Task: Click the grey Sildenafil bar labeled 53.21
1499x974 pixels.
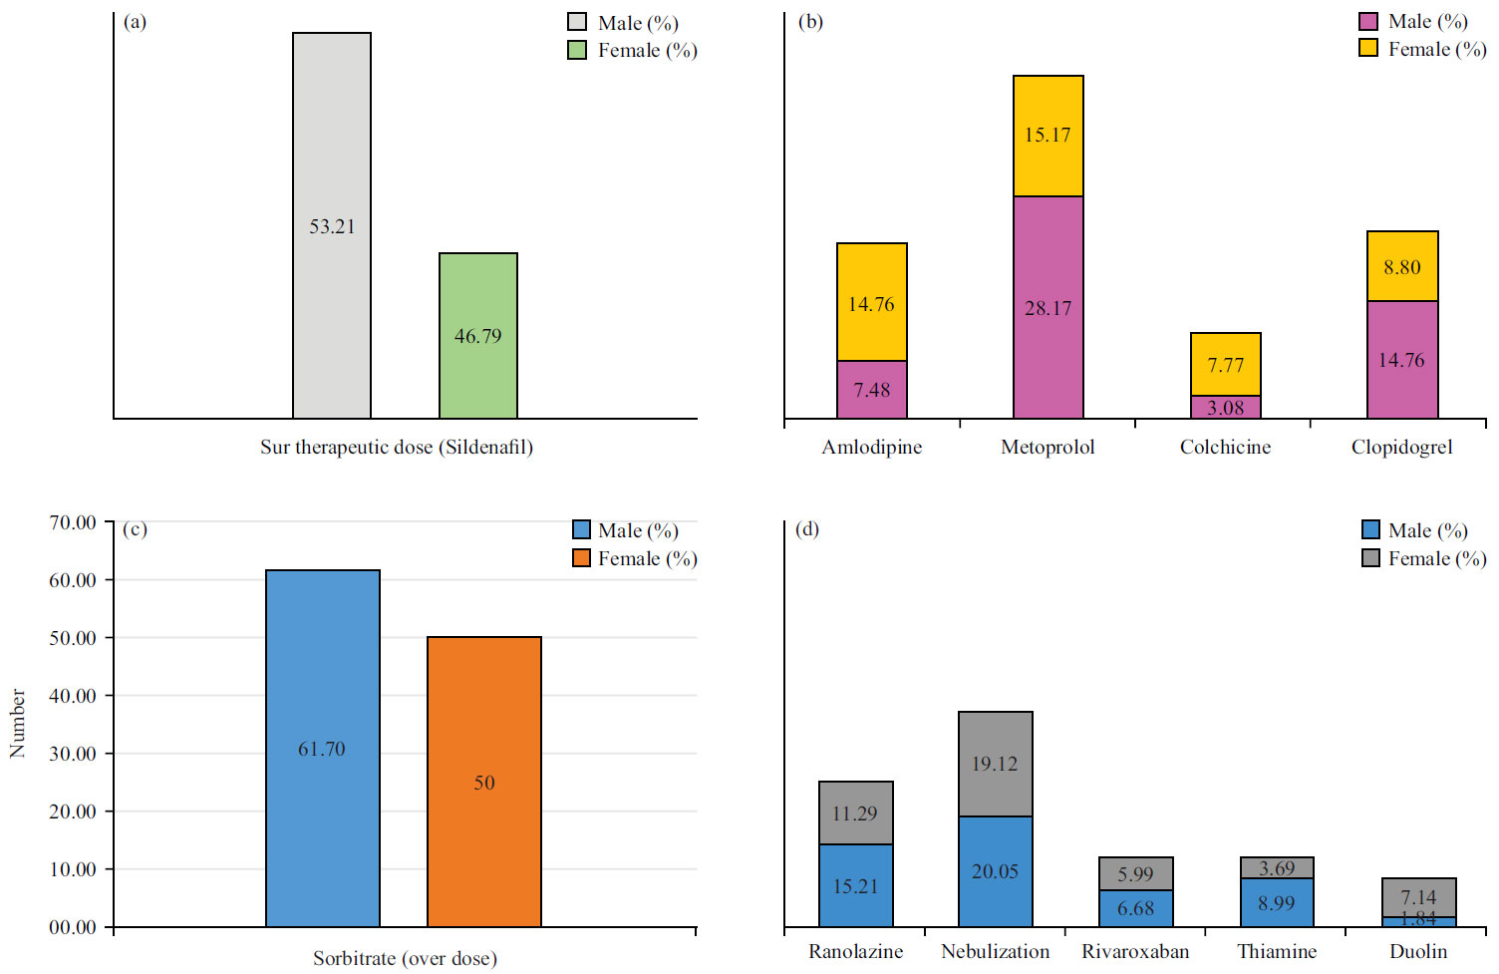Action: (331, 225)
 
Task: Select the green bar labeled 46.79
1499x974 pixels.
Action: (477, 335)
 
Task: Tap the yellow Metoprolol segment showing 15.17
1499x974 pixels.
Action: (1048, 136)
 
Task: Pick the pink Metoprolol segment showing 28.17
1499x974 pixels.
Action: (1048, 307)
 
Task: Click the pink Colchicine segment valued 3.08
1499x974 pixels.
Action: (1225, 407)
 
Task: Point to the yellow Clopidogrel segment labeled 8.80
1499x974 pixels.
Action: (1401, 266)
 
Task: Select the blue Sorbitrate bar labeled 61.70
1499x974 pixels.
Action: (322, 748)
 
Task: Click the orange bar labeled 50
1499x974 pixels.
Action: (483, 782)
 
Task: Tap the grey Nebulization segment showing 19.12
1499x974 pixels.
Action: (995, 764)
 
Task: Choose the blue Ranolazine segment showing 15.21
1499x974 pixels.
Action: (855, 885)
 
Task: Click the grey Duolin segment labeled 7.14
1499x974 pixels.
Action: (1418, 896)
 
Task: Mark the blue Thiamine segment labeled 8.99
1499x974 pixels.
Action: (1276, 902)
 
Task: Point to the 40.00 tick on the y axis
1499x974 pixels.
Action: (73, 696)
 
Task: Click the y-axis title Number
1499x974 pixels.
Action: (17, 723)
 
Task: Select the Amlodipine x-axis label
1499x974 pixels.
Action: (871, 447)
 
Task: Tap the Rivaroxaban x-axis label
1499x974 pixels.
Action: (1135, 951)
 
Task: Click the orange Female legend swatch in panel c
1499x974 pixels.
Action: (582, 558)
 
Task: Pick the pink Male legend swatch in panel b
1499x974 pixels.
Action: (1368, 22)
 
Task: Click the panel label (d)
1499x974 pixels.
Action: (806, 528)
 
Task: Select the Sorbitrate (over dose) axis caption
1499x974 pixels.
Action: (405, 958)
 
